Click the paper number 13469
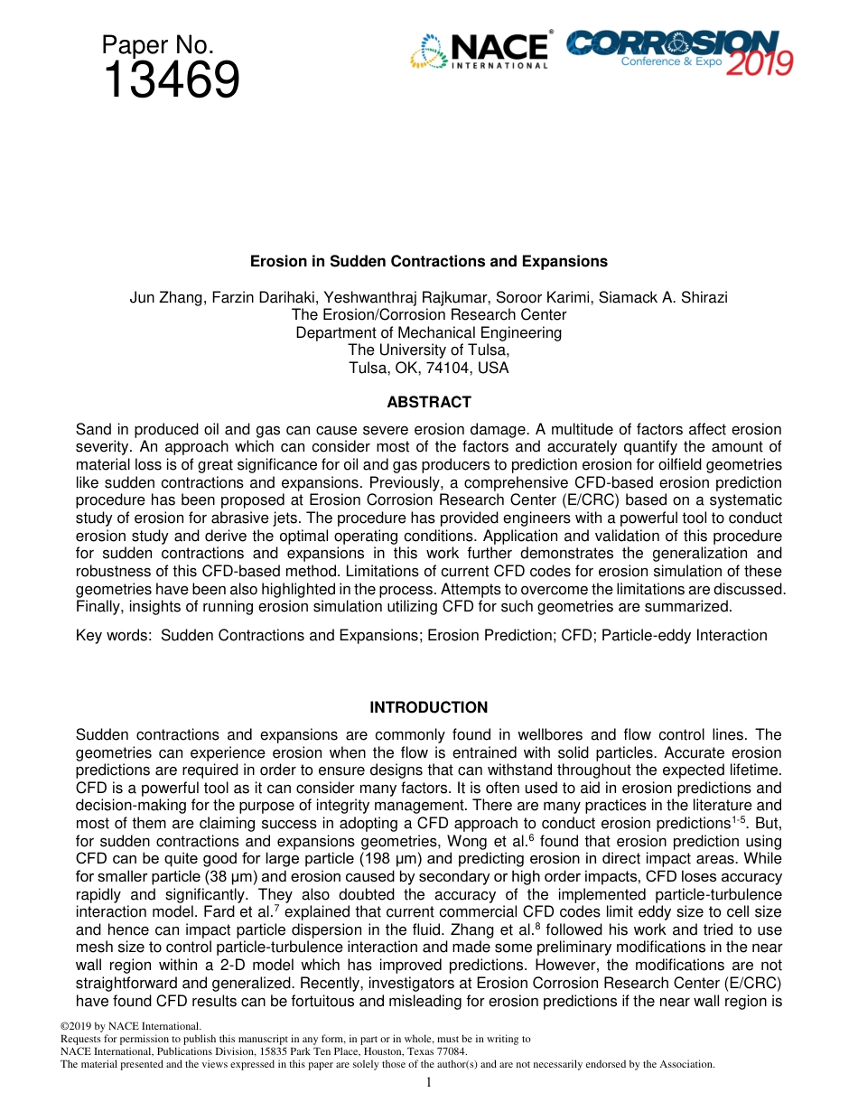pyautogui.click(x=172, y=81)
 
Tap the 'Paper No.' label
pyautogui.click(x=157, y=45)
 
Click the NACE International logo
pyautogui.click(x=480, y=51)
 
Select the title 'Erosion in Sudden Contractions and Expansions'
pyautogui.click(x=428, y=261)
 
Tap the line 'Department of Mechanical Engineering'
pyautogui.click(x=428, y=332)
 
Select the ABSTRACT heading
pyautogui.click(x=428, y=402)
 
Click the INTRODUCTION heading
pyautogui.click(x=428, y=707)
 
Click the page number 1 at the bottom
pyautogui.click(x=428, y=1083)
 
